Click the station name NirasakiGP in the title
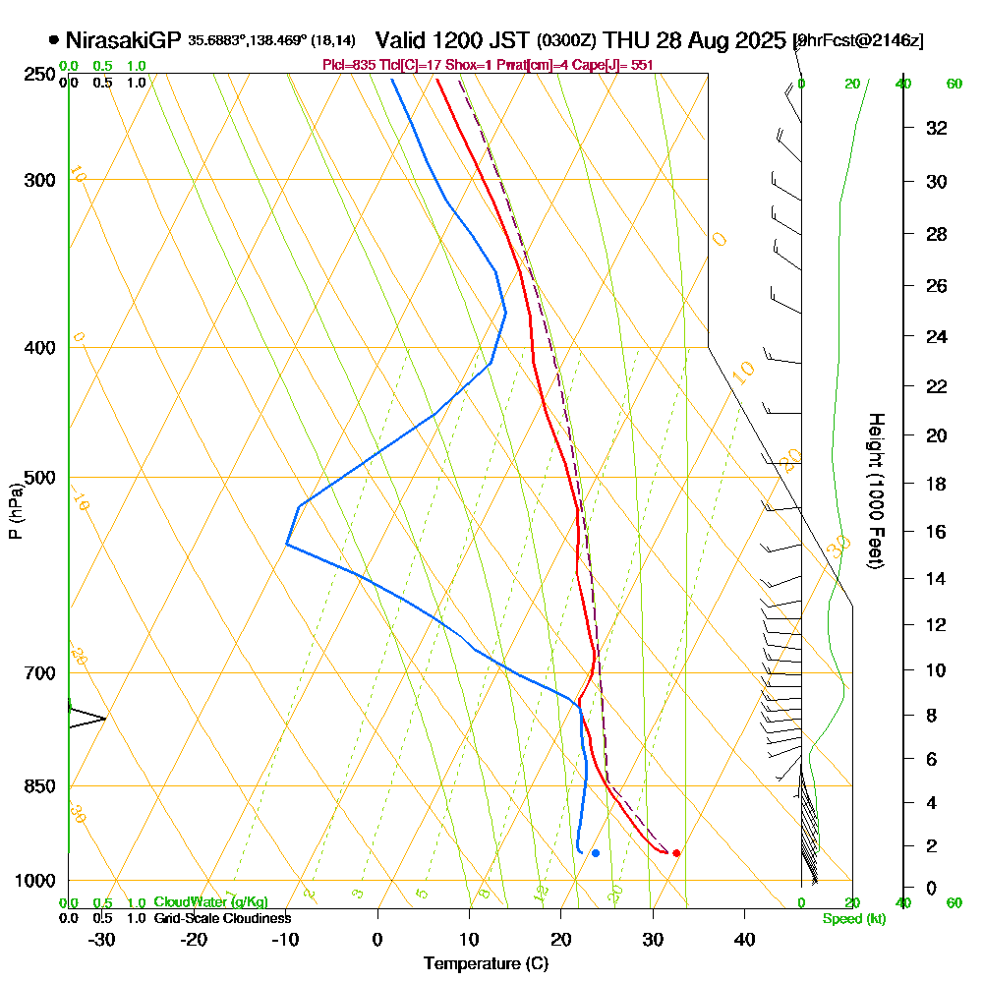pos(123,40)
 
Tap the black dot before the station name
pos(53,40)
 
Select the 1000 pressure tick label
pos(33,880)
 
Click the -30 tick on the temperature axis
pos(102,939)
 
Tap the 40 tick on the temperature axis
pos(744,939)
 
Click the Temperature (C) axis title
pos(486,963)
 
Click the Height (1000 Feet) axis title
pos(874,491)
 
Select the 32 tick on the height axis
pos(938,128)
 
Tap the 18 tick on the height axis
pos(938,484)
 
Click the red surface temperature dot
pos(676,852)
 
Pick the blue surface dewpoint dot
pos(596,852)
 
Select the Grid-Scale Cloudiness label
pos(222,918)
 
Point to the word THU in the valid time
pos(626,40)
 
